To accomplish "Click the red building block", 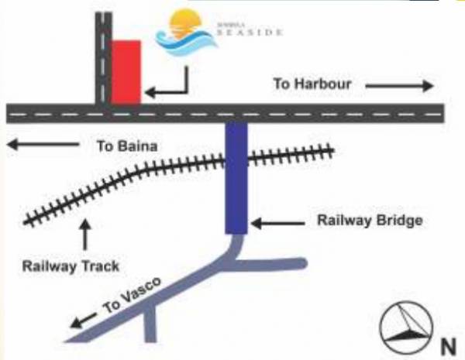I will pyautogui.click(x=126, y=71).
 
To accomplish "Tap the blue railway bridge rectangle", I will pyautogui.click(x=236, y=178).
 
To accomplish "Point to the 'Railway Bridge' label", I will pyautogui.click(x=370, y=221).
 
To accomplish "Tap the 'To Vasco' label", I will pyautogui.click(x=132, y=297).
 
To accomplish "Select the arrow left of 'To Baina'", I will pyautogui.click(x=43, y=144).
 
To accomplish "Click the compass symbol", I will pyautogui.click(x=405, y=326).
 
